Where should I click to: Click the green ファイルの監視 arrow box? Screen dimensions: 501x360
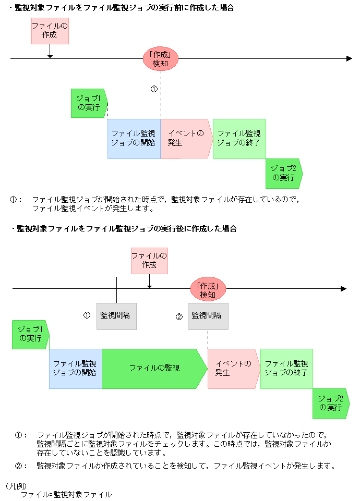154,368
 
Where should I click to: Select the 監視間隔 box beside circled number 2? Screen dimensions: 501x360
208,316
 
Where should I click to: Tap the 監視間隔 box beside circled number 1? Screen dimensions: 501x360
116,316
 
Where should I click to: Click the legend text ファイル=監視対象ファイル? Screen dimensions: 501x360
66,494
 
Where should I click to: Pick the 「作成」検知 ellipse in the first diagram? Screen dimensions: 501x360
160,59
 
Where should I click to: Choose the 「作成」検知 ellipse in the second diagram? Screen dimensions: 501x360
208,290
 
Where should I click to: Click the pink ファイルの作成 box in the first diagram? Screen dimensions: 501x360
50,31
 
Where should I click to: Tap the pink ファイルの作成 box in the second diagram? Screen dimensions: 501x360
149,260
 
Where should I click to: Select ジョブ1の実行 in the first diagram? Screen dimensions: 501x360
89,103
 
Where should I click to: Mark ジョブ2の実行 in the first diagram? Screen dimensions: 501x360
283,173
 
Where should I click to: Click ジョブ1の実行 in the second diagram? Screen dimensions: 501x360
30,334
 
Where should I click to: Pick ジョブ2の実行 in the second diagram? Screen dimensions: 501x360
331,403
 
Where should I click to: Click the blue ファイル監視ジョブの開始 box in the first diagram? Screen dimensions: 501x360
134,138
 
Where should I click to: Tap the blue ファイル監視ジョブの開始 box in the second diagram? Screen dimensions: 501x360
75,368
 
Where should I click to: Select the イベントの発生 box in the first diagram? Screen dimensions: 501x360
186,138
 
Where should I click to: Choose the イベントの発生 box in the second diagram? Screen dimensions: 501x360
233,368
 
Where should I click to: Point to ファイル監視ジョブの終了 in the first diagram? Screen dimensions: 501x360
239,138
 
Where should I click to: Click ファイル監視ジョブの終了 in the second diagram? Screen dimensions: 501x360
286,368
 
